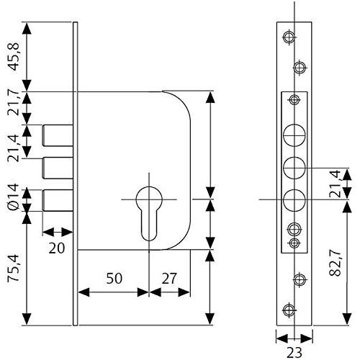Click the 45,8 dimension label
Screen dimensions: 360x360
(14, 57)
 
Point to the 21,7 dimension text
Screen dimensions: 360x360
(14, 104)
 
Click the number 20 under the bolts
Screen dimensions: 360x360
(57, 248)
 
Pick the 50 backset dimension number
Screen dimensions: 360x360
(114, 279)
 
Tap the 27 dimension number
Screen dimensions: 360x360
(169, 279)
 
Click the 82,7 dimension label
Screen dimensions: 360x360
(335, 263)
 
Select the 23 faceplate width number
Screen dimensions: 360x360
(294, 353)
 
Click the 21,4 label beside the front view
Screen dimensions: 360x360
(335, 184)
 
